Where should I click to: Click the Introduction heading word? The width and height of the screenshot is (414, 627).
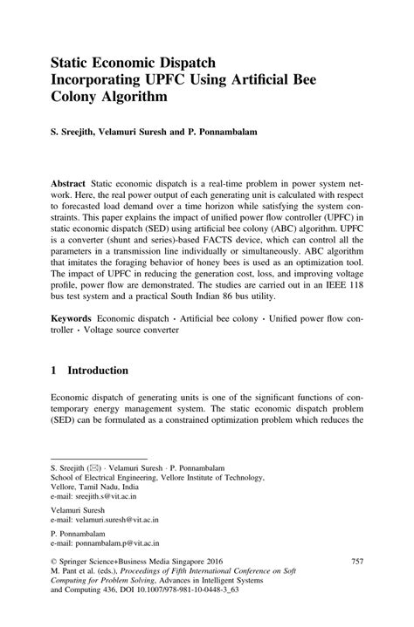coord(98,371)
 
